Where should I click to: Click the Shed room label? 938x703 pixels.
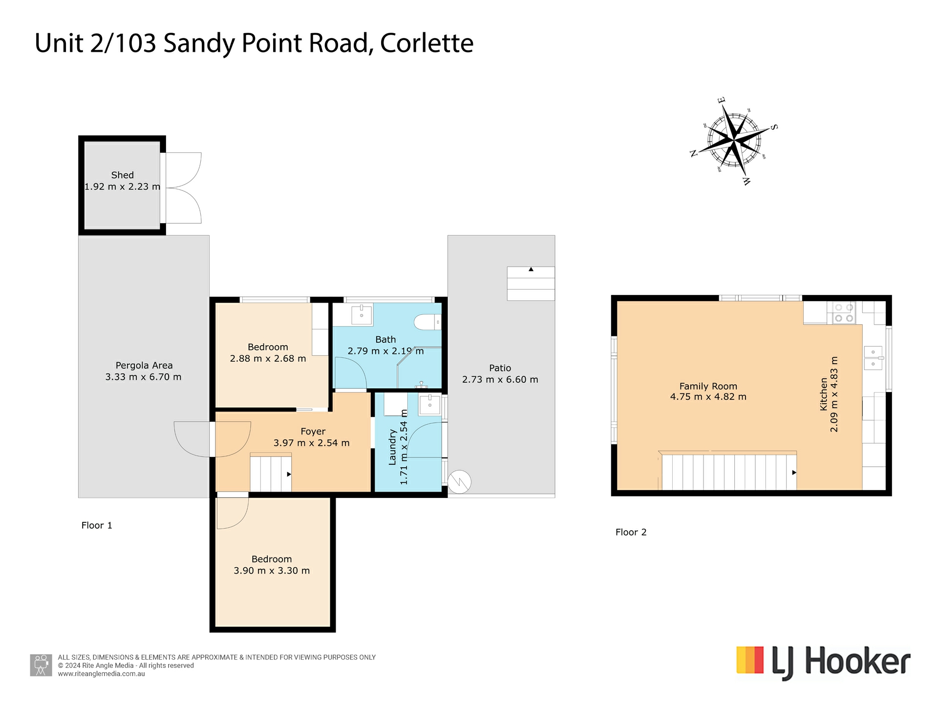122,175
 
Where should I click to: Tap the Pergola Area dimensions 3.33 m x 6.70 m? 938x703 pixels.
143,377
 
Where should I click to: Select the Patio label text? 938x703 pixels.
500,368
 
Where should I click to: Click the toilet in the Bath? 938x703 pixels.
426,322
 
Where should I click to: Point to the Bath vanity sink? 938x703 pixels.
362,314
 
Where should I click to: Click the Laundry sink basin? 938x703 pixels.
430,405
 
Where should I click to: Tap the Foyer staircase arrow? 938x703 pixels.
289,474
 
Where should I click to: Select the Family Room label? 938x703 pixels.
708,386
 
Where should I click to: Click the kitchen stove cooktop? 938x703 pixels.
844,313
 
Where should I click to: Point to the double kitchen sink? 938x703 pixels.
873,358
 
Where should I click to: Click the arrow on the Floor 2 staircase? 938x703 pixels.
794,473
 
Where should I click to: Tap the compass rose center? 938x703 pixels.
735,141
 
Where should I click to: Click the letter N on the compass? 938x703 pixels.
693,153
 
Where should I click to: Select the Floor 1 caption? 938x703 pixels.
97,525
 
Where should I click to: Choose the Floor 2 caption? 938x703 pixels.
631,532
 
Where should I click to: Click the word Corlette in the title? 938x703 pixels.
426,43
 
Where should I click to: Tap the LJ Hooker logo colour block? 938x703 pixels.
750,660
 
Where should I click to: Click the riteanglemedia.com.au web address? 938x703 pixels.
101,674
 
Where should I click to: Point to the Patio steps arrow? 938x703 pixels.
531,269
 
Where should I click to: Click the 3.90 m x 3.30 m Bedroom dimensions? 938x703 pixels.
272,571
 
